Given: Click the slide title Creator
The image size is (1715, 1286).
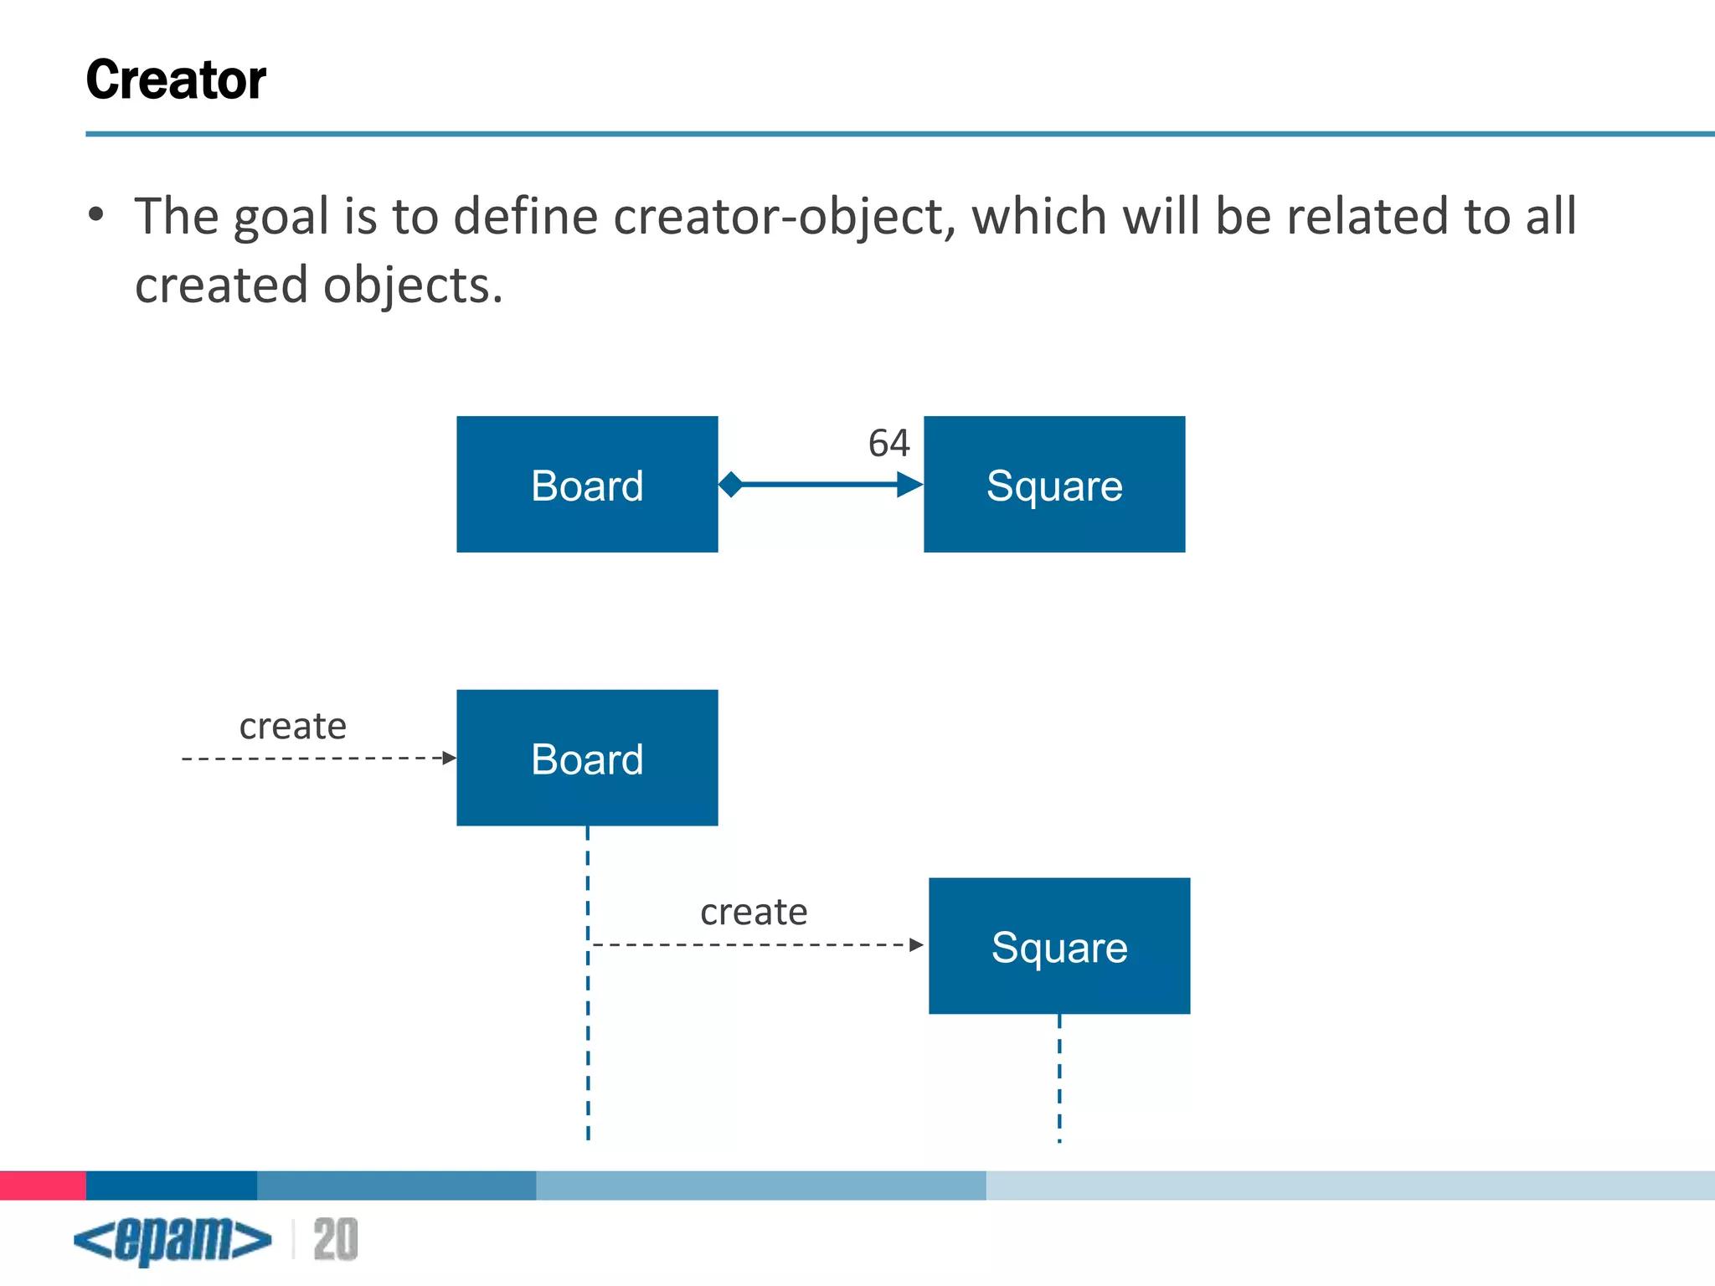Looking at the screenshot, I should (176, 80).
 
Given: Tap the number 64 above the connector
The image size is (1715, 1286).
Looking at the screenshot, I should (888, 443).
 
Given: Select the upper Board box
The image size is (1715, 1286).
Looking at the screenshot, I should (587, 485).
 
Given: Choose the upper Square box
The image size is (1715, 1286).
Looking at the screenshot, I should (1054, 485).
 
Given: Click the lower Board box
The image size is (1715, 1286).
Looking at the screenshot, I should (587, 758).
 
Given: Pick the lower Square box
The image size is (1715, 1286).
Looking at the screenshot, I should (1059, 946).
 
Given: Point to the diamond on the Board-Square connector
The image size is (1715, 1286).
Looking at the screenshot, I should (731, 484).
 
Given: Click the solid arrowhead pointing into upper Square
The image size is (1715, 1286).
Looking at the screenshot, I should (909, 484).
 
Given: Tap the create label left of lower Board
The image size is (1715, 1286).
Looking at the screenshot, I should (292, 726).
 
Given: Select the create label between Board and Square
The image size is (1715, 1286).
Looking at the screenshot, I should (754, 912).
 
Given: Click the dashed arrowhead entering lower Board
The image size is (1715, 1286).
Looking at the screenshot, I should (450, 758).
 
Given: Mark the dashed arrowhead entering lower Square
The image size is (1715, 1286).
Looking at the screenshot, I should (916, 944).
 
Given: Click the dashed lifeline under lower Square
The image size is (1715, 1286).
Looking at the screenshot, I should (1059, 1080).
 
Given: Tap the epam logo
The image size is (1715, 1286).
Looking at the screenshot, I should (173, 1240).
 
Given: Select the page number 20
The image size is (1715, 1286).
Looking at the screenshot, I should (336, 1240).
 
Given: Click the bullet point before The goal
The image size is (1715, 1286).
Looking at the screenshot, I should (96, 215).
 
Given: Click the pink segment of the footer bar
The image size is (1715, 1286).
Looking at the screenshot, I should (43, 1186).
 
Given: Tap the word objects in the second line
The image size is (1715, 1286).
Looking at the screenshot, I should (413, 285).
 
